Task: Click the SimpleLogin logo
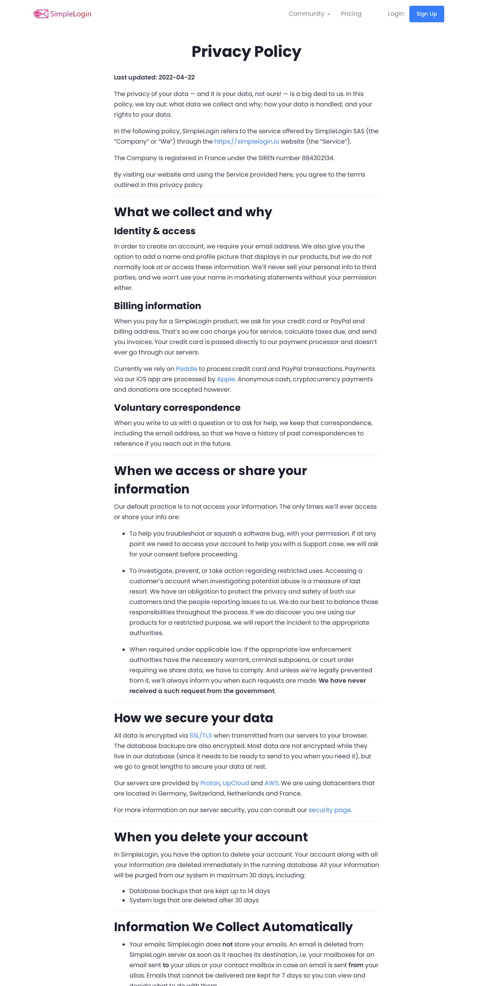pos(62,14)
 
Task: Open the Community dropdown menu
pos(309,14)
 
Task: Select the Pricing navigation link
pos(351,14)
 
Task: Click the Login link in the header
pos(395,14)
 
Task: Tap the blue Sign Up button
pos(426,14)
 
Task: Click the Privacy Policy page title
pos(246,51)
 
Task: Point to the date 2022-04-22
pos(177,77)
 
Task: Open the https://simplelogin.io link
pos(246,141)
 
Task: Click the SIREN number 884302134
pos(318,158)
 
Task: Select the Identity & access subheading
pos(154,231)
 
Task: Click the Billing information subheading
pos(157,306)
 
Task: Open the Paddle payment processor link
pos(186,369)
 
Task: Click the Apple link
pos(226,379)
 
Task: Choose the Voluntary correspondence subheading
pos(177,408)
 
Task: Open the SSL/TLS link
pos(200,735)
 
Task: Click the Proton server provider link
pos(210,783)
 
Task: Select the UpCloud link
pos(236,783)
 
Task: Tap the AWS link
pos(271,783)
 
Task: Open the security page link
pos(329,810)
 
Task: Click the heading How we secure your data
pos(193,718)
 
